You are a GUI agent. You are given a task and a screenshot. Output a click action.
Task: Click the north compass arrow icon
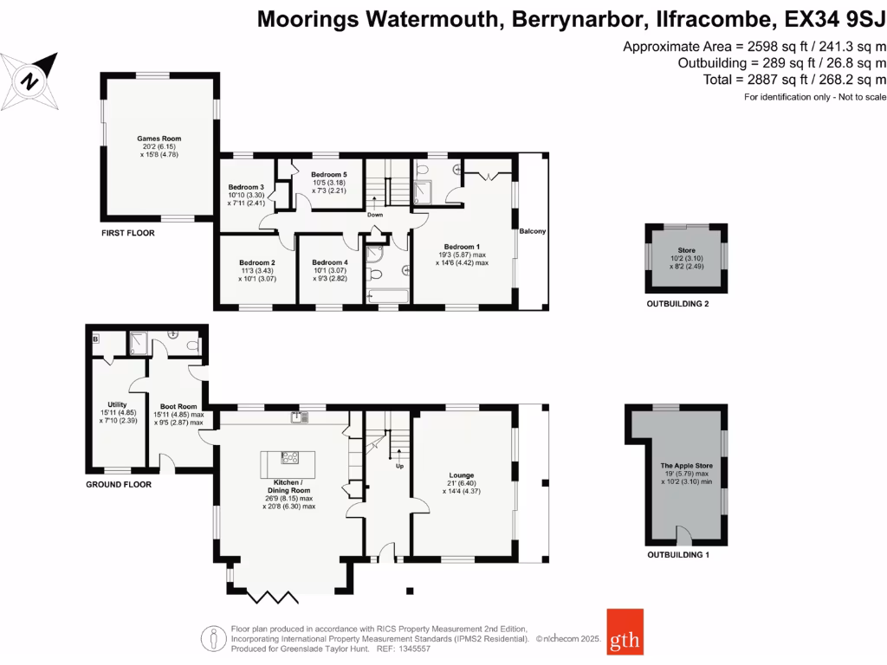pyautogui.click(x=32, y=80)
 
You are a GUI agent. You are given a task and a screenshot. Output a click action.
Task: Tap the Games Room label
pyautogui.click(x=159, y=139)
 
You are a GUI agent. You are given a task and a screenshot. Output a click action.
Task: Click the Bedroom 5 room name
pyautogui.click(x=328, y=174)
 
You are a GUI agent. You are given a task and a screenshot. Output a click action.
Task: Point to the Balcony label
pyautogui.click(x=531, y=231)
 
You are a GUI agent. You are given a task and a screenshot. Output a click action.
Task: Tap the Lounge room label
pyautogui.click(x=461, y=475)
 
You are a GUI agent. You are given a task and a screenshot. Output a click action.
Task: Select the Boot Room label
pyautogui.click(x=179, y=406)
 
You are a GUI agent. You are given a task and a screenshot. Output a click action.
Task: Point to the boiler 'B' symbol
pyautogui.click(x=95, y=339)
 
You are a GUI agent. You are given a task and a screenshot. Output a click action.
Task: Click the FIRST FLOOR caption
pyautogui.click(x=127, y=234)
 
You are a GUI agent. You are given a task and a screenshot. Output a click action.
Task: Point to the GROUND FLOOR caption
pyautogui.click(x=119, y=484)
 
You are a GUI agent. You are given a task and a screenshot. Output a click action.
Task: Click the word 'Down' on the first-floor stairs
pyautogui.click(x=375, y=215)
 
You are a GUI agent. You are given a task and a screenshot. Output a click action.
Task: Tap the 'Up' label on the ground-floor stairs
pyautogui.click(x=399, y=465)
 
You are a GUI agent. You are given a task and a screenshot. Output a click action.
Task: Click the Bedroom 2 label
pyautogui.click(x=257, y=262)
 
